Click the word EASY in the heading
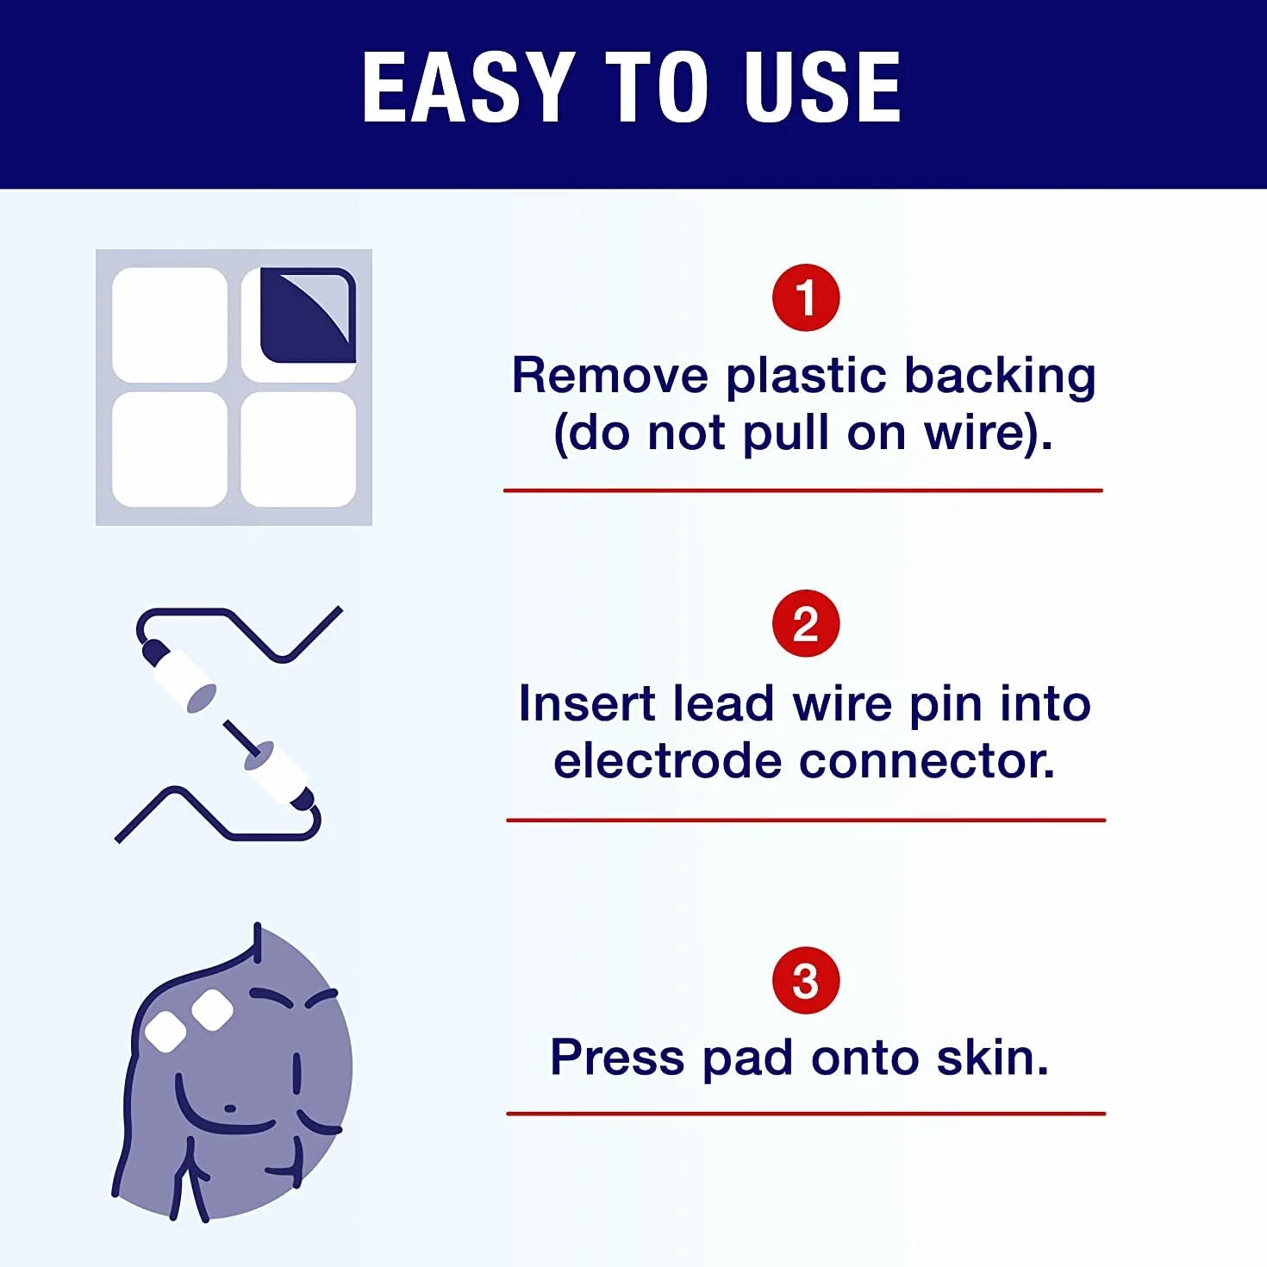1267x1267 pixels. [x=465, y=87]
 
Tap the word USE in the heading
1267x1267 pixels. [x=822, y=87]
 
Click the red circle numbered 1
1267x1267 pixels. [x=805, y=297]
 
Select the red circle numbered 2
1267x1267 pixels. [x=805, y=623]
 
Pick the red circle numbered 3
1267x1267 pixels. [x=805, y=980]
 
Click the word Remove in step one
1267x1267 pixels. [x=610, y=376]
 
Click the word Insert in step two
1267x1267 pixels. [x=586, y=704]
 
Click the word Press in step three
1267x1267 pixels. [x=617, y=1058]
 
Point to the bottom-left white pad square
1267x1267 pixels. [x=170, y=450]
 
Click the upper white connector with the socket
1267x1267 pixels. [x=185, y=681]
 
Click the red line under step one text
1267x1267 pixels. [x=802, y=490]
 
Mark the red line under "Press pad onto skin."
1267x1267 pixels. [x=806, y=1114]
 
